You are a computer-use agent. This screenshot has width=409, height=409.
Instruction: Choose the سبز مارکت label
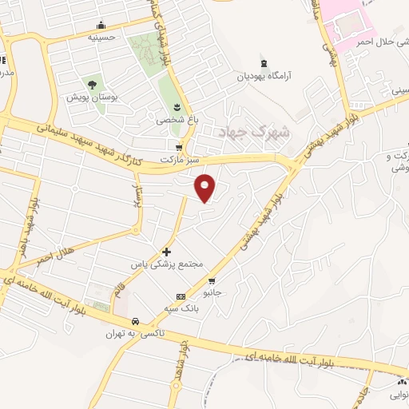(179, 160)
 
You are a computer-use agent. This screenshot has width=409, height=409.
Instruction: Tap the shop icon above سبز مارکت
(179, 148)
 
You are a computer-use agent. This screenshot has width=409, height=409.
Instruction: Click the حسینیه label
(101, 37)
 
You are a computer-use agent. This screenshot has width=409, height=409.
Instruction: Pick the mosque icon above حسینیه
(101, 25)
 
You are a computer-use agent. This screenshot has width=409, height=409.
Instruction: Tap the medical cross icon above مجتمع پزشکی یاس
(166, 251)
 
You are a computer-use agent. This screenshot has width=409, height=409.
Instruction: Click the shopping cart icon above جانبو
(212, 280)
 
